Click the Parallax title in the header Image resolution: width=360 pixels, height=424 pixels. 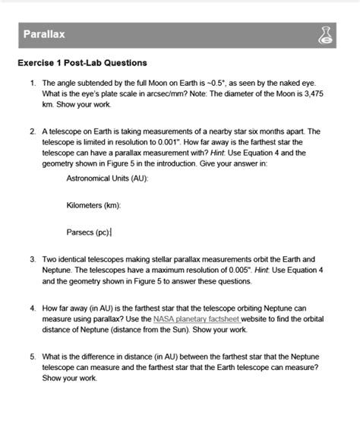pyautogui.click(x=43, y=35)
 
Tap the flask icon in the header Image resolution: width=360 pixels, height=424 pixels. pyautogui.click(x=327, y=35)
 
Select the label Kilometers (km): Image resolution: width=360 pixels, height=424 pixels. pyautogui.click(x=94, y=204)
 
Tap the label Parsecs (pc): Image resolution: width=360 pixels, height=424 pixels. pyautogui.click(x=89, y=232)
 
